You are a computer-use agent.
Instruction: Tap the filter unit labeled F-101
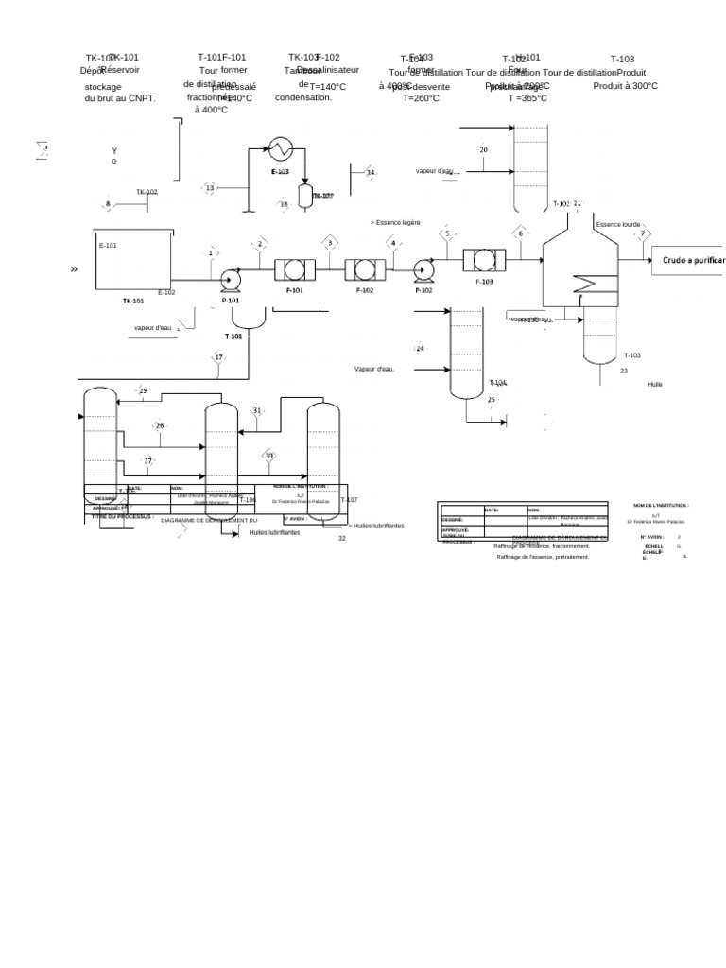point(293,269)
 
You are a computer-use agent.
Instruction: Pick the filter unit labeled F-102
point(363,269)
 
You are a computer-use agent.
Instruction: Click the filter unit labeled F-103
point(482,259)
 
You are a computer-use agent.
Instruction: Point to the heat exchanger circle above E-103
point(280,147)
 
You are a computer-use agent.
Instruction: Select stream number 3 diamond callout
point(330,243)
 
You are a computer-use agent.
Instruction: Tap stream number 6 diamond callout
point(519,233)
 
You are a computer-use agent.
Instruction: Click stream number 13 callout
point(210,188)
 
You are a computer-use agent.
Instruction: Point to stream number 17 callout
point(218,357)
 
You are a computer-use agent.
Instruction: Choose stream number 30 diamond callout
point(268,456)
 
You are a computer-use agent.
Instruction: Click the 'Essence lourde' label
point(618,225)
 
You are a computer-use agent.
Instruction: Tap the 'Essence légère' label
point(397,222)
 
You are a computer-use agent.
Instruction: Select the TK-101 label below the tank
point(133,301)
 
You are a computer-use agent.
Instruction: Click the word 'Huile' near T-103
point(655,385)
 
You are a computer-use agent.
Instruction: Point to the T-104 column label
point(498,382)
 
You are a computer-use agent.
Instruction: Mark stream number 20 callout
point(483,150)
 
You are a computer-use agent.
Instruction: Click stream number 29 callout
point(143,390)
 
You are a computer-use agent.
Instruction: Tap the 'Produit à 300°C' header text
point(625,86)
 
